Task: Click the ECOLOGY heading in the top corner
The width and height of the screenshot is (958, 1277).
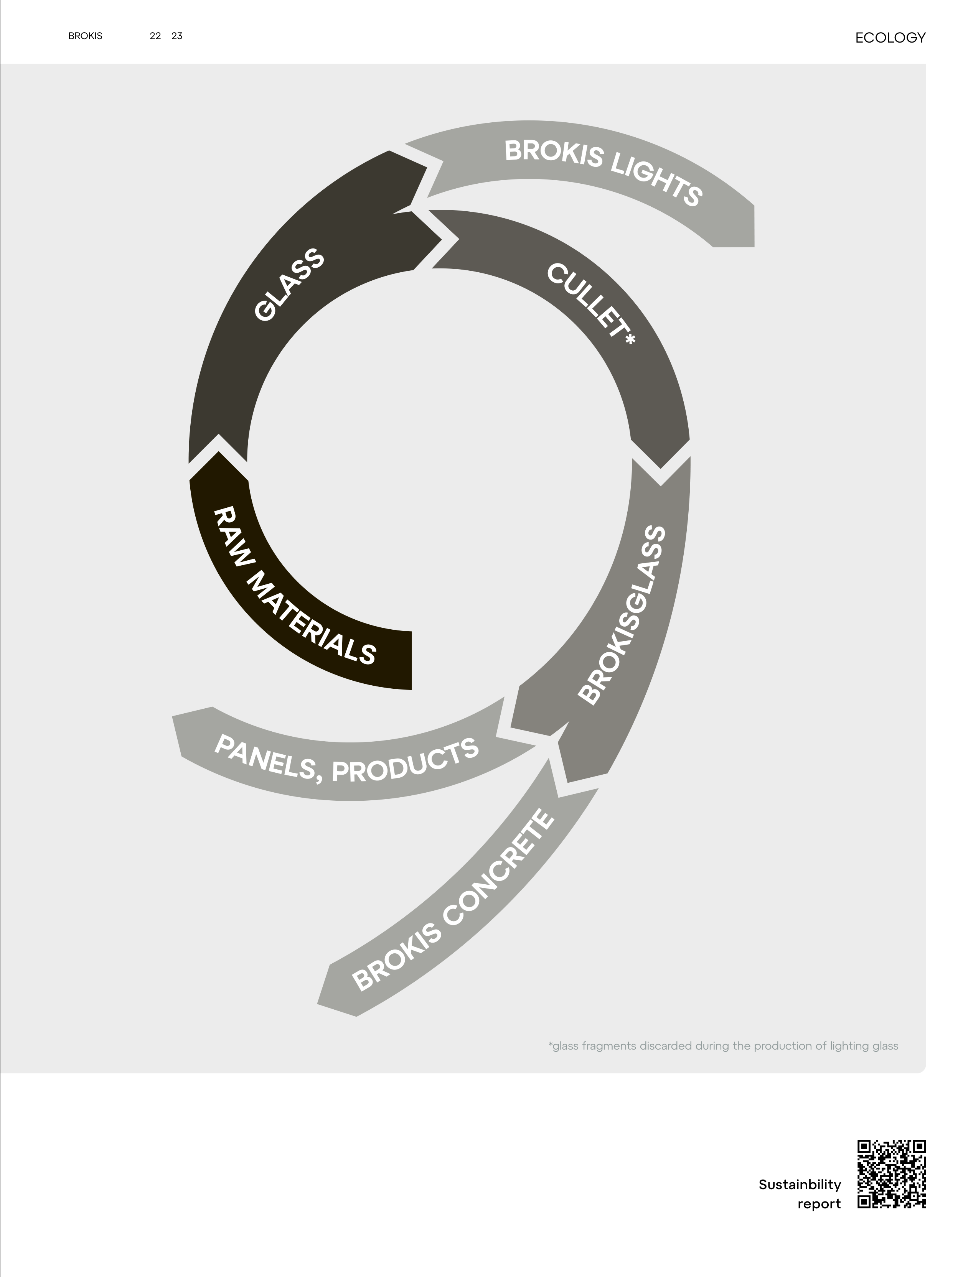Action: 890,38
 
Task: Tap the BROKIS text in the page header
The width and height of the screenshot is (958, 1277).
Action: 85,36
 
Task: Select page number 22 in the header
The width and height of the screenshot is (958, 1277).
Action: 155,36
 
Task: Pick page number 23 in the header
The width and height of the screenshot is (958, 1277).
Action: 177,36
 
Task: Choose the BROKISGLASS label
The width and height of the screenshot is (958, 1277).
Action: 623,614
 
